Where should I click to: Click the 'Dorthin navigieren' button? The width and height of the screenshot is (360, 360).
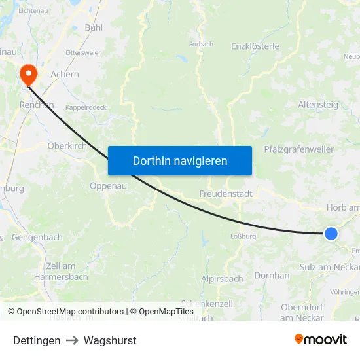[180, 160]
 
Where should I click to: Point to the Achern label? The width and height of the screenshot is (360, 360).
[65, 74]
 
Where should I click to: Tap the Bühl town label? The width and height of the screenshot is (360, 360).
[94, 27]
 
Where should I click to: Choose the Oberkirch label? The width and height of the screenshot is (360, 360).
[67, 146]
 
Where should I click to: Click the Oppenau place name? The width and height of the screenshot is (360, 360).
[108, 185]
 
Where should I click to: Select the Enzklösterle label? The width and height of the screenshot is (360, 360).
[255, 46]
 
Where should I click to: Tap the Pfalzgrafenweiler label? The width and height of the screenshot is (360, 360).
[298, 149]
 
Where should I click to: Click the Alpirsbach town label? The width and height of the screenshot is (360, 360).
[222, 278]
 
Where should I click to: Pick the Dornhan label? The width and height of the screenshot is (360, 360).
[272, 276]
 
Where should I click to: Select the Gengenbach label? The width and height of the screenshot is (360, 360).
[37, 236]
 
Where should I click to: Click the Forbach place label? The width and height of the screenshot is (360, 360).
[201, 45]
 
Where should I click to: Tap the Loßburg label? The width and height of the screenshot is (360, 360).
[243, 236]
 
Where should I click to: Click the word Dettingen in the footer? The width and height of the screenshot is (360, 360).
[37, 340]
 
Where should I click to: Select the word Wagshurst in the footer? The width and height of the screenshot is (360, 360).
[110, 340]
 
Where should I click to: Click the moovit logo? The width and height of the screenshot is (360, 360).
[321, 339]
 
